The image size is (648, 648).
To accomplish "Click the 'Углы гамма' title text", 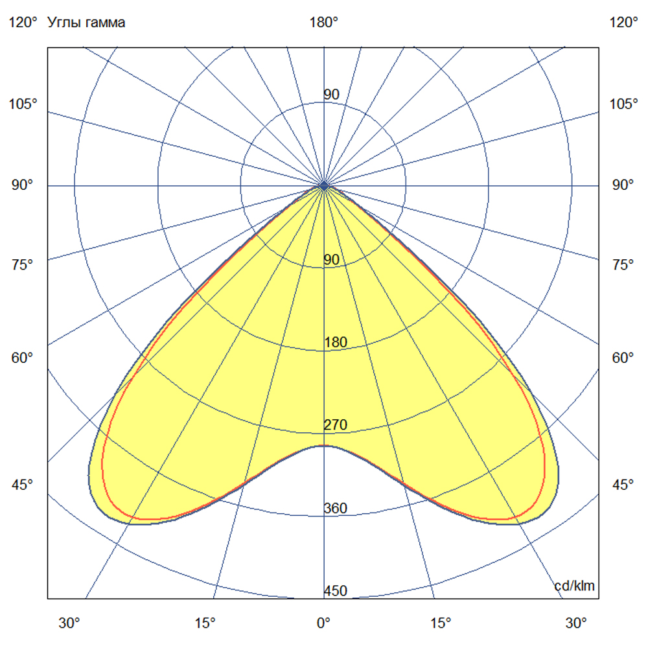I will coord(87,23).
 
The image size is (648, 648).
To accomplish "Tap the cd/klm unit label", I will coord(574,586).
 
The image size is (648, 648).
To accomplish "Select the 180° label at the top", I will coord(323,23).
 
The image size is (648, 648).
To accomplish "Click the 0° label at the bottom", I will coord(323,623).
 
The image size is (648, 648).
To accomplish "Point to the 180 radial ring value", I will coord(335,342).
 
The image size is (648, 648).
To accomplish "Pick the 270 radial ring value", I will coord(335,425).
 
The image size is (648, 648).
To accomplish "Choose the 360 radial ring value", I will coord(335,508).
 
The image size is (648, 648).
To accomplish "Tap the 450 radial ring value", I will coord(335,591).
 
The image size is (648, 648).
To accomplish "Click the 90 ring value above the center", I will coord(331,95).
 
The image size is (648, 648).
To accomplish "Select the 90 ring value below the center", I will coord(331,260).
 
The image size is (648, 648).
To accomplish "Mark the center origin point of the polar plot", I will coord(324,186).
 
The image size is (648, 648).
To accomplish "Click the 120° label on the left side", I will coord(23,23).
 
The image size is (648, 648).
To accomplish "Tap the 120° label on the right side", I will coord(625,23).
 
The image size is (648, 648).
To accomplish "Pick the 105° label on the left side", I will coord(23,104).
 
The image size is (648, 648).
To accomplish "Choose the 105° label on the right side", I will coord(625,104).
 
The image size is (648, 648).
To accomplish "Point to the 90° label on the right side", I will coord(625,185).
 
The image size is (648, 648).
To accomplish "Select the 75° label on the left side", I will coord(23,264).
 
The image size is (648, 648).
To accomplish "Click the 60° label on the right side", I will coord(625,358).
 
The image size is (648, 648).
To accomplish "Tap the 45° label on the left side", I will coord(23,485).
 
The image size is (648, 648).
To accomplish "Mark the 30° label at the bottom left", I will coord(70,623).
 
